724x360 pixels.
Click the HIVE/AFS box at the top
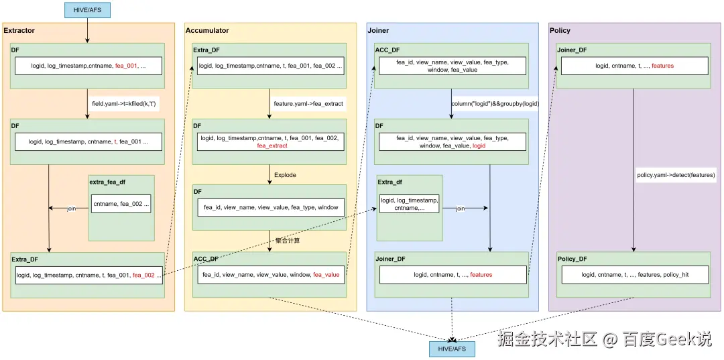[87, 9]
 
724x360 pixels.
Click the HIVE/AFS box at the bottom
[452, 349]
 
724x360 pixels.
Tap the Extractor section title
[19, 31]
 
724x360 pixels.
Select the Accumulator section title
[207, 31]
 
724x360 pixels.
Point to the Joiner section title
[378, 31]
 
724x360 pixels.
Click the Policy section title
[560, 31]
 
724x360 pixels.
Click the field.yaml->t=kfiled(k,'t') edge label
[124, 104]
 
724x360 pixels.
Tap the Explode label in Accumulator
[285, 175]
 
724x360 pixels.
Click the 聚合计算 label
[288, 241]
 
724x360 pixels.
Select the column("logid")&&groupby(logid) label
[495, 104]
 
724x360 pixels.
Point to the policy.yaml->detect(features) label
[676, 176]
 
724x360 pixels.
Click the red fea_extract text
[272, 145]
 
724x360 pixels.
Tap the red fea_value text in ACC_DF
[326, 275]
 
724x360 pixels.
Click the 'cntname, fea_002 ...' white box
[121, 204]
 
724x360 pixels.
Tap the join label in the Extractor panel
[71, 208]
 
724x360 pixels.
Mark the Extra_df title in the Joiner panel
[390, 182]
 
